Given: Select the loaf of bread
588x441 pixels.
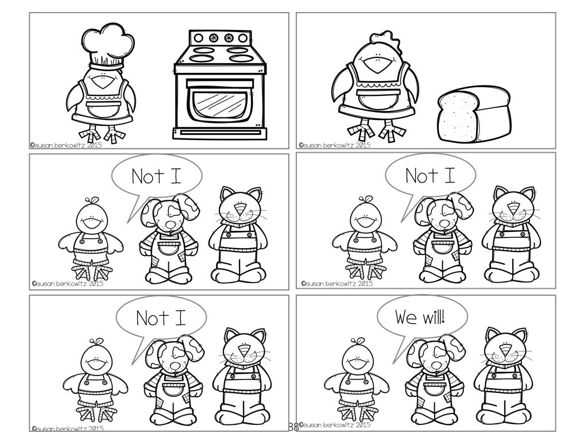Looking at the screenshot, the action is coord(474,114).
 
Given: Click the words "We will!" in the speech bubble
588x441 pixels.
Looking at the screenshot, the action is coord(420,317).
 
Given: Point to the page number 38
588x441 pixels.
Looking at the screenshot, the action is coord(293,427).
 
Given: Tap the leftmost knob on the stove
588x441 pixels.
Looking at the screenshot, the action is coord(199,38).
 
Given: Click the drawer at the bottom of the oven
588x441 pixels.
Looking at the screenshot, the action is coord(220,133).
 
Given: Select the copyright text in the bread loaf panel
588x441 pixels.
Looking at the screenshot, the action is coord(335,145).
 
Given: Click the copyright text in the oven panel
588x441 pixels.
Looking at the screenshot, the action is coord(66,145).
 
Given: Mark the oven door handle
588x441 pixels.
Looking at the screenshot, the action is coord(220,84).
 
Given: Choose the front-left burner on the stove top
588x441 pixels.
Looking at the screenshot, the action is coord(202,58).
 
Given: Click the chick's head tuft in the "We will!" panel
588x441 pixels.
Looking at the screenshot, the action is coord(358,341).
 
